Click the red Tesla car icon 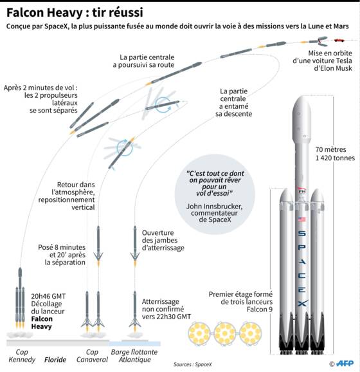coord(339,40)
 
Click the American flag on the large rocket coord(301,219)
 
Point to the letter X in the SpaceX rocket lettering coord(302,303)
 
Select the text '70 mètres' coord(330,149)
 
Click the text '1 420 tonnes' coord(335,158)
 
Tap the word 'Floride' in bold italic coord(55,360)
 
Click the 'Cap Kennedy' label coord(22,356)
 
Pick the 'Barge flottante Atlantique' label coord(134,356)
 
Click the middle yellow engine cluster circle coord(224,333)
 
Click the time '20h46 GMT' coord(48,296)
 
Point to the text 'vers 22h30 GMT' coord(166,317)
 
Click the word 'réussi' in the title coord(118,12)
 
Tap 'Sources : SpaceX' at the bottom coord(192,364)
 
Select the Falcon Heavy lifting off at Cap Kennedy coord(20,298)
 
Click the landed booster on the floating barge coord(135,311)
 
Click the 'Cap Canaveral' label coord(92,356)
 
